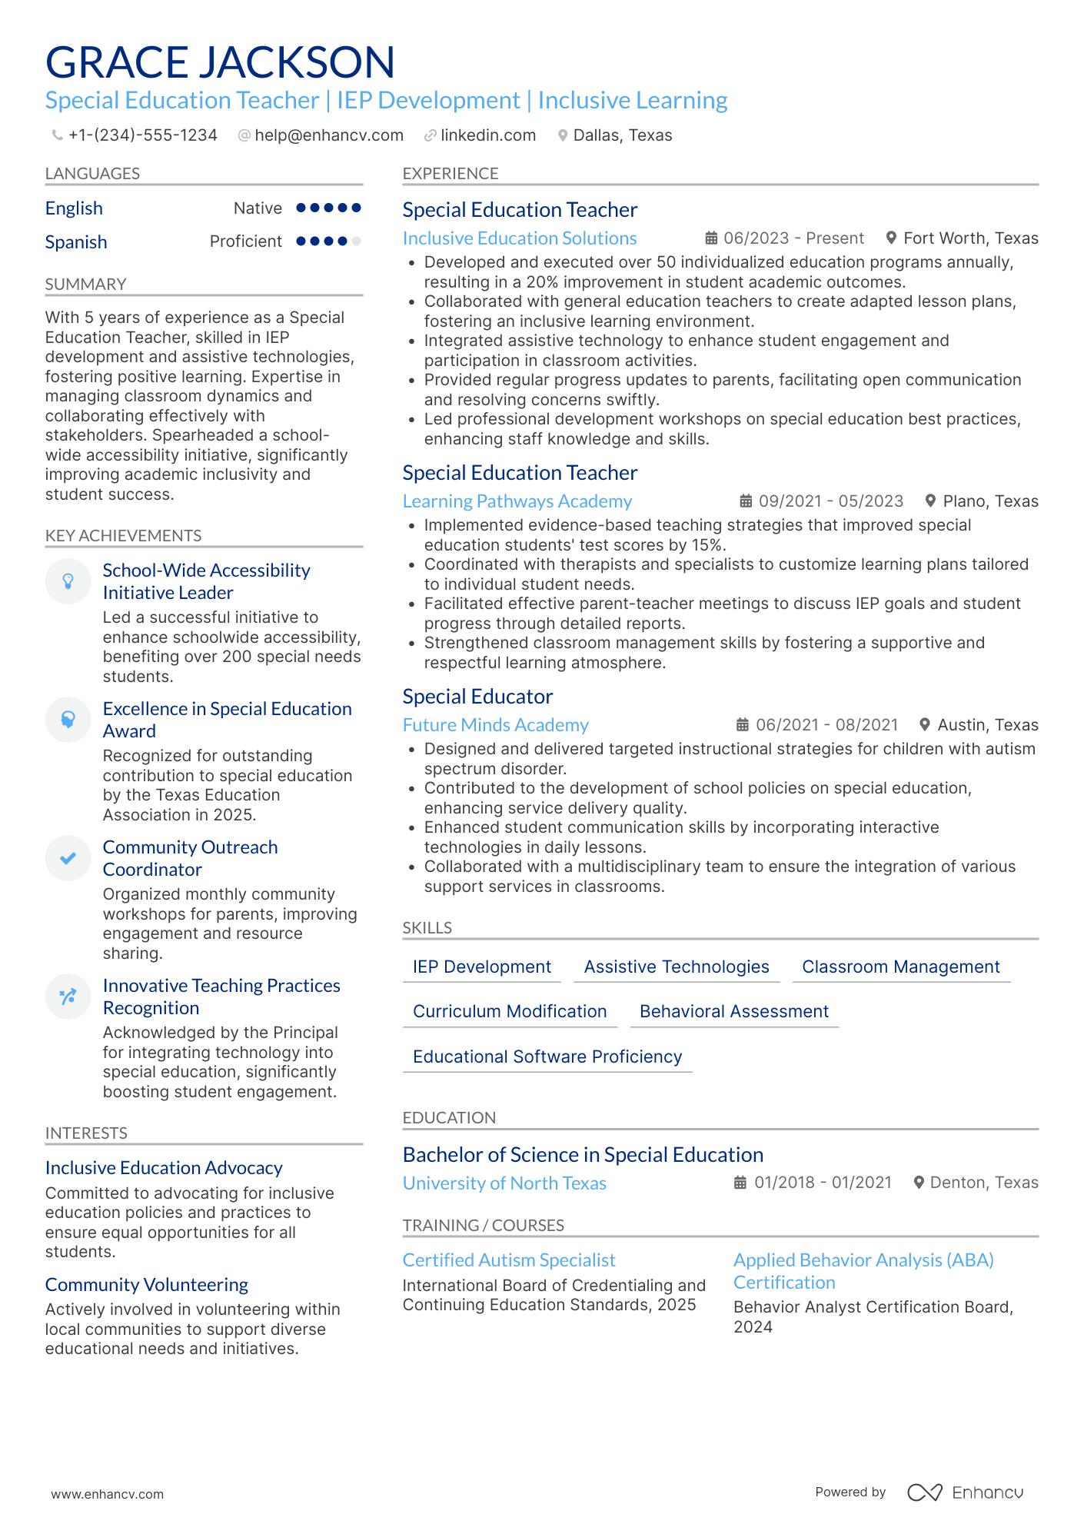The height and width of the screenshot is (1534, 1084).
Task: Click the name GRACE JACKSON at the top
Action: (220, 62)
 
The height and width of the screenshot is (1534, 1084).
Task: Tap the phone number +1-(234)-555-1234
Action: (142, 135)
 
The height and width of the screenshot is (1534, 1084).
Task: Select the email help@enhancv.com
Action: (328, 135)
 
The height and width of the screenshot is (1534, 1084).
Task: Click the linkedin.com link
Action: (487, 135)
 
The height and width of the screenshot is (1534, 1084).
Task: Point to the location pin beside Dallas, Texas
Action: (563, 135)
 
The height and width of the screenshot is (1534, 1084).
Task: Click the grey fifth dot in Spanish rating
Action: (356, 241)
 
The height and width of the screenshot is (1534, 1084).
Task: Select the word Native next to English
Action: (258, 208)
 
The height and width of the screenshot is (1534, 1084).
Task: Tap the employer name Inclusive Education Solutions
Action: (520, 238)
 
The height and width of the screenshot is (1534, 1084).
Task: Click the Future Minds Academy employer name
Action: (495, 725)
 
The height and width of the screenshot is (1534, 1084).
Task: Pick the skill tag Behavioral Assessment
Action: (733, 1012)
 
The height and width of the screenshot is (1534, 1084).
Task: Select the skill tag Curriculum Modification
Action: (510, 1012)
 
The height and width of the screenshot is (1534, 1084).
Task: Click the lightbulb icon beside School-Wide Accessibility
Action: (68, 581)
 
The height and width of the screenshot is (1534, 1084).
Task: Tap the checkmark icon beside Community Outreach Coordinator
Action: (68, 858)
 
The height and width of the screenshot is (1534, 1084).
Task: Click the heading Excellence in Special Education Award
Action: (227, 720)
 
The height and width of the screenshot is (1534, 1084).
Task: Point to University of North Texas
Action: (504, 1183)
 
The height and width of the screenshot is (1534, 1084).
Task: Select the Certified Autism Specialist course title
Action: (509, 1260)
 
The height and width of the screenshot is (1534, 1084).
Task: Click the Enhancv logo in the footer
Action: (965, 1492)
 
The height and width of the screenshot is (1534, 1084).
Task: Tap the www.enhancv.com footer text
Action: (108, 1494)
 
